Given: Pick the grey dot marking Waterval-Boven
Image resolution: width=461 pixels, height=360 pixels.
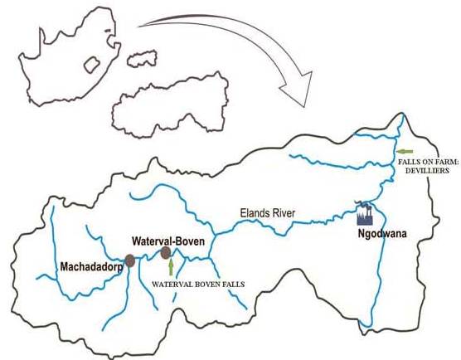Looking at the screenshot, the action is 166,252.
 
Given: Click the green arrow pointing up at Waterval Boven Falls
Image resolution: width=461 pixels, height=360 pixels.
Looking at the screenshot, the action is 171,267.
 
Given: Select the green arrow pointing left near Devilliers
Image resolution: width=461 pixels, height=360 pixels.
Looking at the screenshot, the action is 405,151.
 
